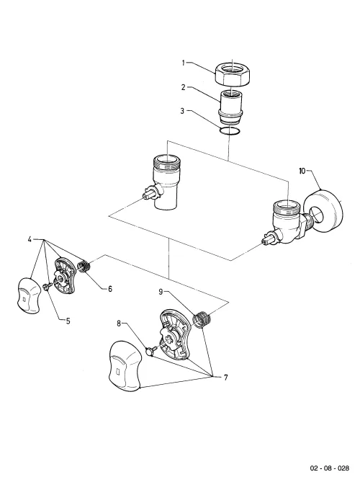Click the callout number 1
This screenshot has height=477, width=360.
point(184,63)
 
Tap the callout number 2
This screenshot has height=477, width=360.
point(184,87)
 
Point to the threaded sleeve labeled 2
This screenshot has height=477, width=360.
point(231,107)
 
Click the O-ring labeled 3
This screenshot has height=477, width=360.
point(230,131)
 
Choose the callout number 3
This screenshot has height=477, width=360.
point(182,111)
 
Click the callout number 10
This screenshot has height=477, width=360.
point(302,171)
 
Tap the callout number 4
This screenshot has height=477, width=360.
point(30,239)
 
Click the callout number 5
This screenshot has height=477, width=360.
point(68,321)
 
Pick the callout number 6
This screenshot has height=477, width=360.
point(110,288)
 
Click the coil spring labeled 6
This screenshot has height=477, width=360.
point(84,267)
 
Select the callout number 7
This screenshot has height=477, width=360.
point(225,378)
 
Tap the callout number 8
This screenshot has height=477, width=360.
point(120,324)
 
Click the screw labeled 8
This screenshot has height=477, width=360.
point(151,351)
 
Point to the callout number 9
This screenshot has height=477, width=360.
point(161,292)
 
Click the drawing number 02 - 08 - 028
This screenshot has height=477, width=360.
point(330,468)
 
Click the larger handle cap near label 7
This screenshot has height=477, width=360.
point(125,366)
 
